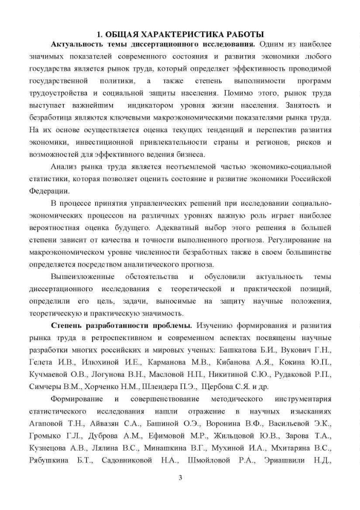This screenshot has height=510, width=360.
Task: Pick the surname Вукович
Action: [x=293, y=349]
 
